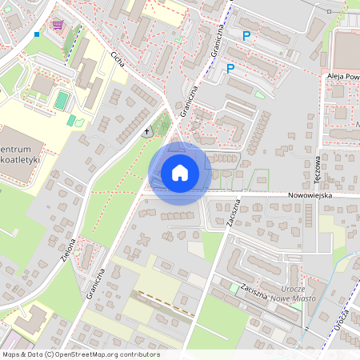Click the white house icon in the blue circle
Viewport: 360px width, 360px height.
(x=180, y=173)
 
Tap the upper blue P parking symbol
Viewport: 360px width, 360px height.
(x=246, y=35)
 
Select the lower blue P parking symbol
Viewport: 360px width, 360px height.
(x=230, y=69)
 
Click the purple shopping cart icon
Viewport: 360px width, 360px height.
(x=57, y=25)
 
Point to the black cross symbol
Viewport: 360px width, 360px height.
(x=146, y=130)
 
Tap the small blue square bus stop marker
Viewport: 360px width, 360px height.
(x=37, y=34)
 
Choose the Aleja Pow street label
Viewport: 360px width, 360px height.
(x=343, y=77)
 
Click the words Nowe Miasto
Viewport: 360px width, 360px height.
(x=296, y=298)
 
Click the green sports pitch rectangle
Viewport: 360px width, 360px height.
(x=62, y=100)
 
